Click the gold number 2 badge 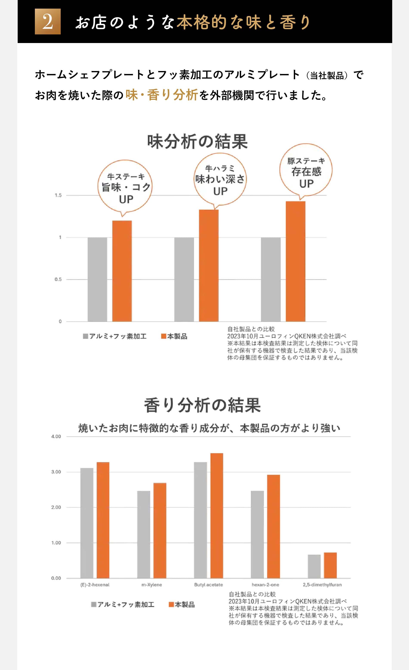(x=48, y=22)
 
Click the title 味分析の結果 (x=197, y=142)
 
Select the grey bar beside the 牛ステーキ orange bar (x=97, y=279)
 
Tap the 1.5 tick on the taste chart (x=58, y=195)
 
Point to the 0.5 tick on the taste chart (x=58, y=279)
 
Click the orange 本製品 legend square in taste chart (x=164, y=336)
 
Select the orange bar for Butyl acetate (x=217, y=515)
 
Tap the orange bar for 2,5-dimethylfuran (x=330, y=565)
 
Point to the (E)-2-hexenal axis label (x=95, y=585)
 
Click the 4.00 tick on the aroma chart (x=56, y=436)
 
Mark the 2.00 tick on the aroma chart (x=56, y=507)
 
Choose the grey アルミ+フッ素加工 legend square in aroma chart (x=94, y=604)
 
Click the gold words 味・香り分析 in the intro (x=162, y=95)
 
